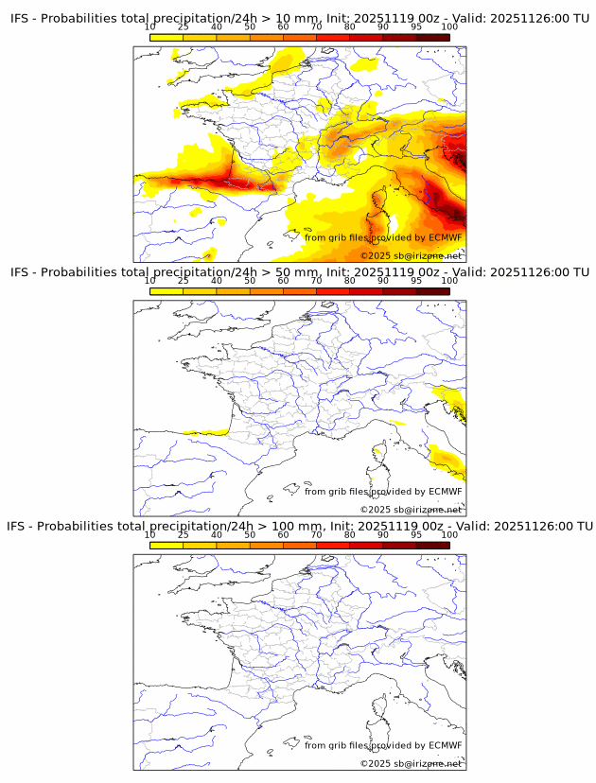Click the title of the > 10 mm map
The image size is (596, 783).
(x=299, y=18)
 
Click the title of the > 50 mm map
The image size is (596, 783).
(x=299, y=272)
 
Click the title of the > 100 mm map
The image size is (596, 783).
(x=299, y=526)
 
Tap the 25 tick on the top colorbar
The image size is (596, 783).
(x=184, y=27)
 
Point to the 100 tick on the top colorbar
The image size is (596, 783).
(x=449, y=27)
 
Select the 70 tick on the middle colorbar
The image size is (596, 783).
(x=316, y=281)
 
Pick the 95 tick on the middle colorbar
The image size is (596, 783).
(x=416, y=281)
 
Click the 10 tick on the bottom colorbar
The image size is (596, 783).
(x=150, y=534)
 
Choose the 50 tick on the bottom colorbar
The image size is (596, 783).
(x=250, y=534)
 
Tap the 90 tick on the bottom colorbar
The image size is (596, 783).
(x=382, y=534)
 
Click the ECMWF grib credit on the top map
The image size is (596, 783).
(x=383, y=237)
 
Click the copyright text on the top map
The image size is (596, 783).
(x=411, y=255)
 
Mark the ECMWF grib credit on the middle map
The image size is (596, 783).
(x=383, y=491)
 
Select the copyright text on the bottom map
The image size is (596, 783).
(x=411, y=763)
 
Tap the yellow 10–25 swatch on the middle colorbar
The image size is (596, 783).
(x=167, y=291)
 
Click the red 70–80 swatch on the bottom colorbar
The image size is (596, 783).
(x=332, y=545)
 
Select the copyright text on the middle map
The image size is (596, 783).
(x=411, y=510)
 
